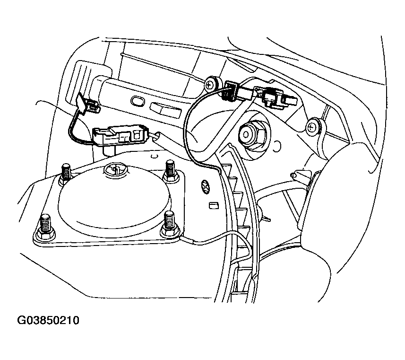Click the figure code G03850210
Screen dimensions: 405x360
pyautogui.click(x=48, y=320)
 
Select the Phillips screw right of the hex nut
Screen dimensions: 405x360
pyautogui.click(x=312, y=127)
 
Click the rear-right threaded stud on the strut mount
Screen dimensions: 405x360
pyautogui.click(x=171, y=170)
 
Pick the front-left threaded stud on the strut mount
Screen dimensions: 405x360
pyautogui.click(x=46, y=227)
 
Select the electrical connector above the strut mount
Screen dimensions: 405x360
pyautogui.click(x=120, y=135)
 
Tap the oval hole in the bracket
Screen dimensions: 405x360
pyautogui.click(x=137, y=101)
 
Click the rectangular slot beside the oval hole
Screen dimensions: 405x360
pyautogui.click(x=165, y=110)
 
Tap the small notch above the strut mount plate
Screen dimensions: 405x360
pyautogui.click(x=154, y=156)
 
